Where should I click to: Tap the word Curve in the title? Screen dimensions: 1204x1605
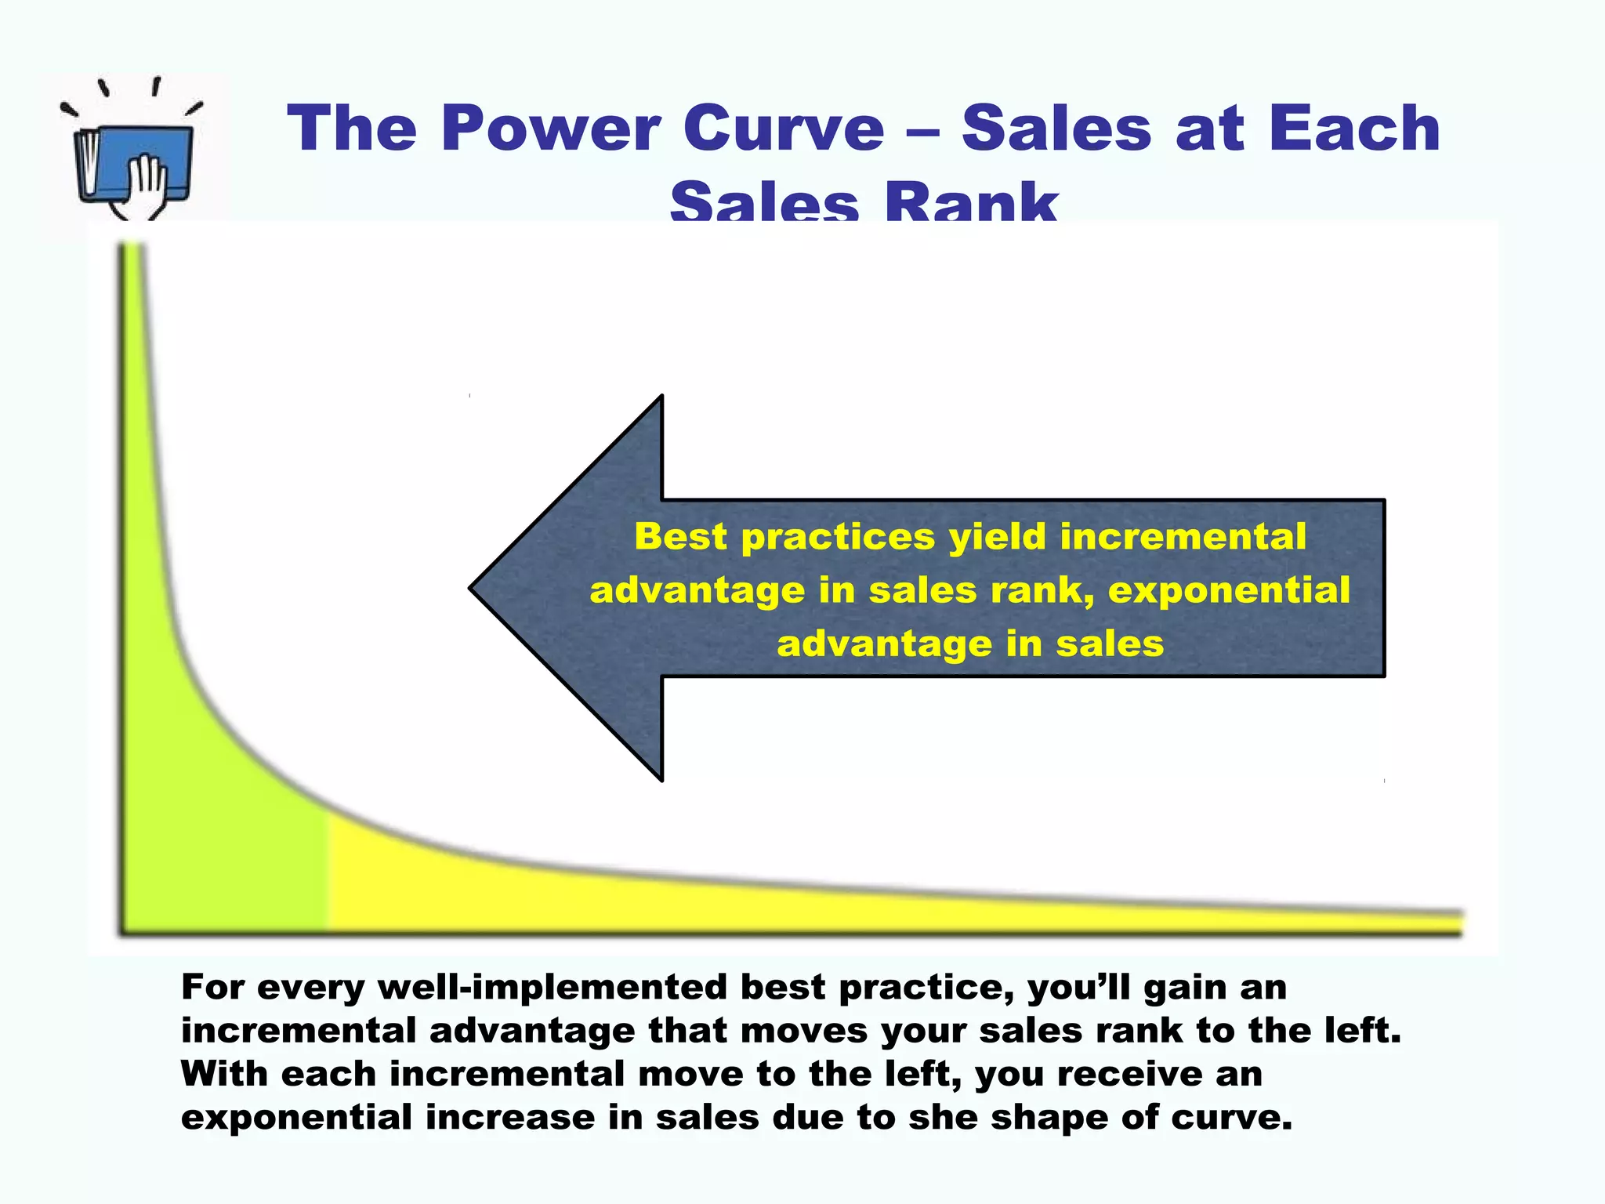pos(783,129)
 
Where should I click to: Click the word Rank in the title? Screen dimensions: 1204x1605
pos(971,202)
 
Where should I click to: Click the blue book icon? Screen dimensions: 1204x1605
pos(133,161)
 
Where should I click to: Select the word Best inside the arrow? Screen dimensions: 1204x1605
pos(680,538)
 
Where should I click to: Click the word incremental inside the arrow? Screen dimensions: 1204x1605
pos(1183,538)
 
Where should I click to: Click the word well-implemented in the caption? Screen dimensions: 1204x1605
pos(553,988)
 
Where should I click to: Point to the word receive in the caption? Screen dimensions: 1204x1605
pos(1129,1074)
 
